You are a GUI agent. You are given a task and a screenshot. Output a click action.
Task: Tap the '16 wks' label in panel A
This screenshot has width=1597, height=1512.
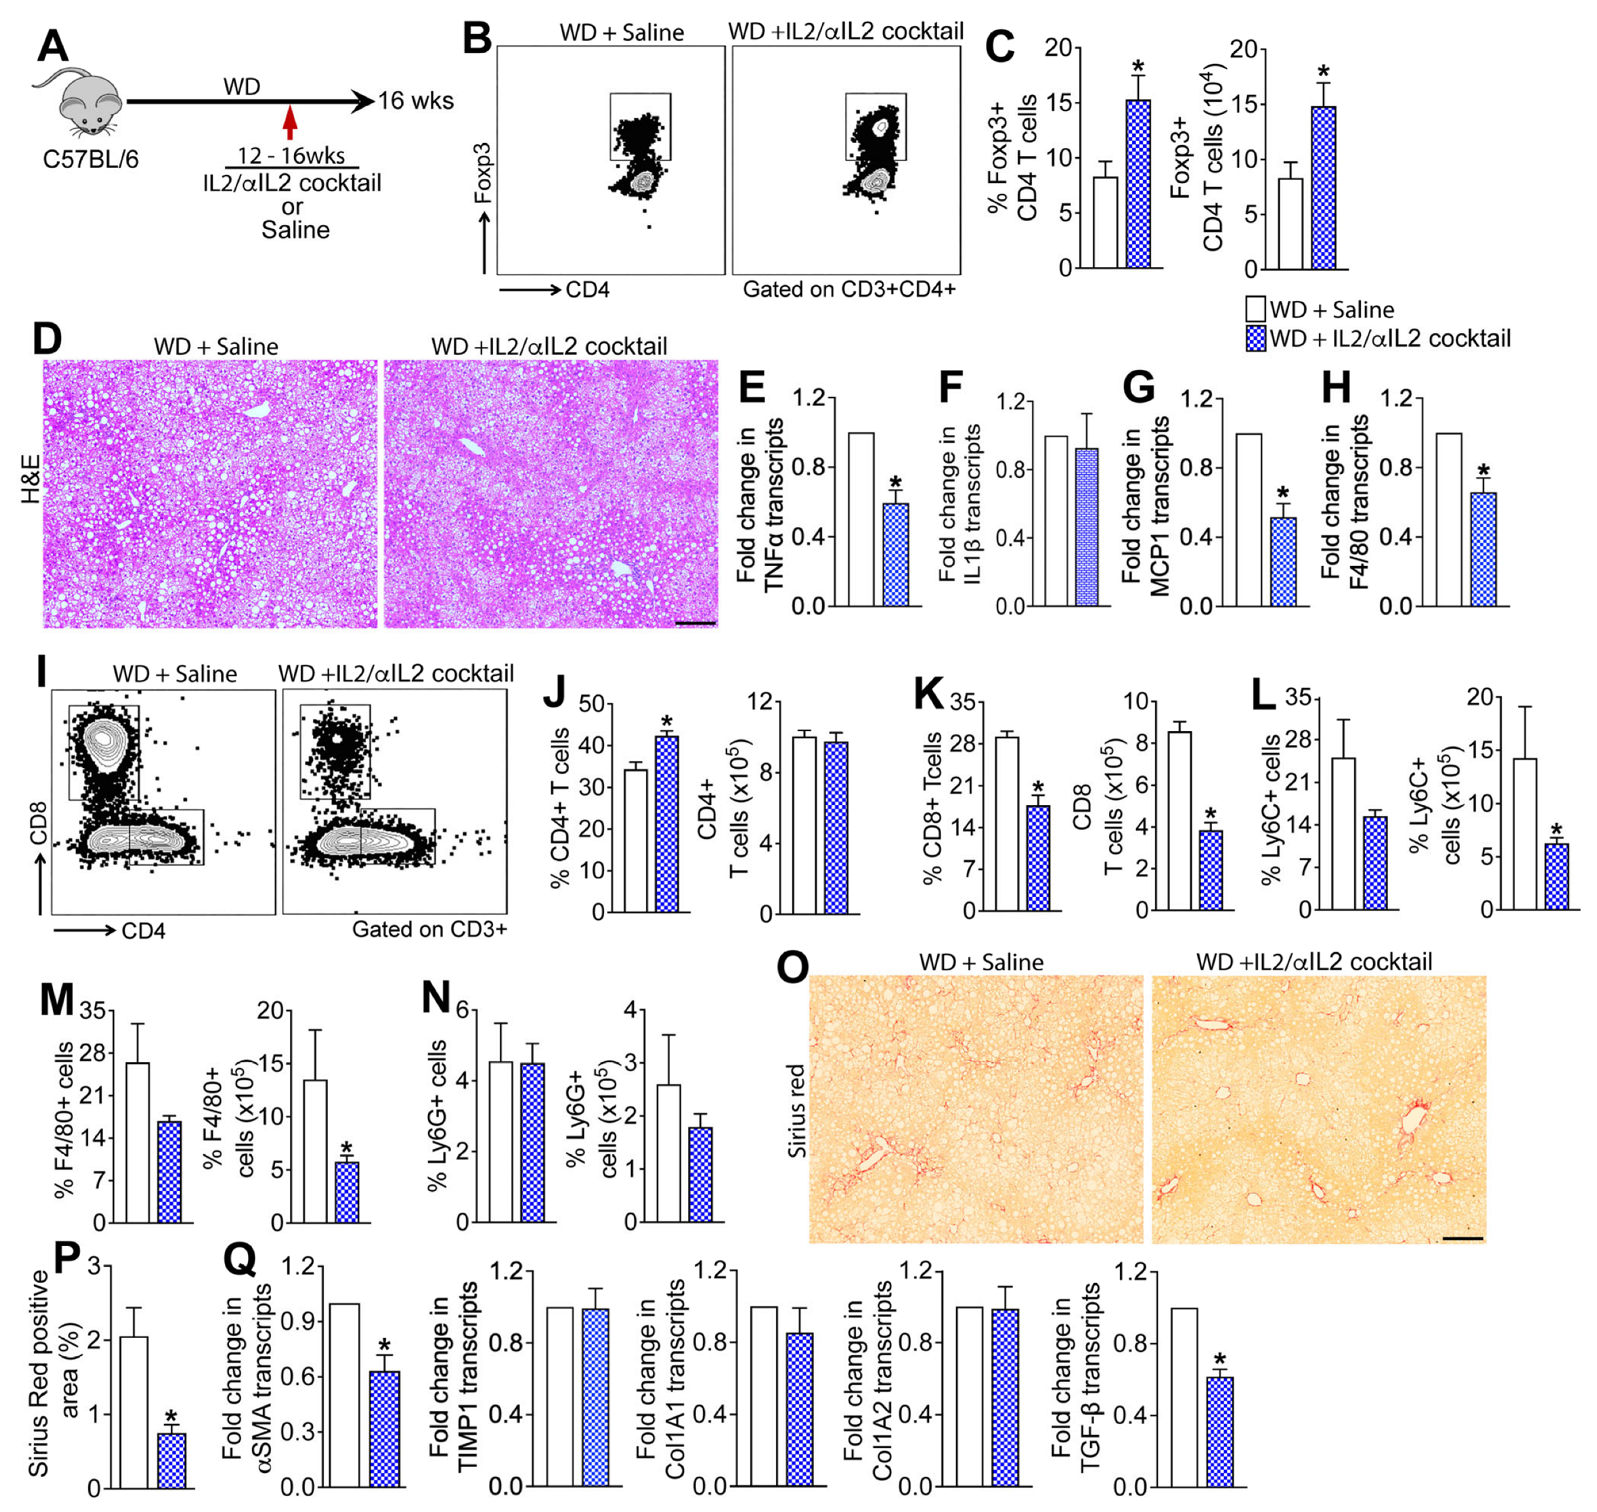pyautogui.click(x=416, y=101)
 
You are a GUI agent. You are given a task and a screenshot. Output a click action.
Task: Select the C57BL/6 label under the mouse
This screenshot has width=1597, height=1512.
pyautogui.click(x=90, y=159)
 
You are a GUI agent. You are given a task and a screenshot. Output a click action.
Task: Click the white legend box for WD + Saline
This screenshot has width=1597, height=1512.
pyautogui.click(x=1255, y=309)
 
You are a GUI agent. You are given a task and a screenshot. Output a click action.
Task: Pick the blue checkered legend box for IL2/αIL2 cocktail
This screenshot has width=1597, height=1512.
pyautogui.click(x=1255, y=339)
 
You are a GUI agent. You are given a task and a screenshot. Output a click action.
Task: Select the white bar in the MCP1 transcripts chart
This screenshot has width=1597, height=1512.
pyautogui.click(x=1249, y=520)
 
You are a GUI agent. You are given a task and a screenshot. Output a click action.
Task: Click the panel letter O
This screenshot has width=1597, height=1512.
pyautogui.click(x=792, y=967)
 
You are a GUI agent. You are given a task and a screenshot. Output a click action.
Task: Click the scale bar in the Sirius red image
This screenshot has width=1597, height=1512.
pyautogui.click(x=1462, y=1237)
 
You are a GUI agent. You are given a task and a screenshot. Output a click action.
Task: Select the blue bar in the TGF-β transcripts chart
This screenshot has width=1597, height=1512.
pyautogui.click(x=1221, y=1432)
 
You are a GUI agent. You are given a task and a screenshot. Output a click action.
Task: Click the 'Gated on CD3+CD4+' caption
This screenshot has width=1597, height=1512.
pyautogui.click(x=848, y=290)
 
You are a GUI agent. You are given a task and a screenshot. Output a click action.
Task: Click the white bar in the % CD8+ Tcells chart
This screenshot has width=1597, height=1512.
pyautogui.click(x=1006, y=823)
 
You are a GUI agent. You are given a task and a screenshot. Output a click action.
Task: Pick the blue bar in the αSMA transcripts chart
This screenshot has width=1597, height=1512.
pyautogui.click(x=385, y=1428)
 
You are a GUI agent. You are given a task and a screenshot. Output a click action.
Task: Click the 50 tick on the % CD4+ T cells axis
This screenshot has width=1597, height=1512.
pyautogui.click(x=592, y=704)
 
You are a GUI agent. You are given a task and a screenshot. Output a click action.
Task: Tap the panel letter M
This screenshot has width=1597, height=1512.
pyautogui.click(x=56, y=1000)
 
